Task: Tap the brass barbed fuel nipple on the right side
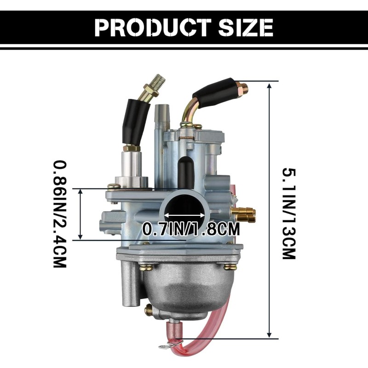[243, 213]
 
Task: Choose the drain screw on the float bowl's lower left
[149, 311]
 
